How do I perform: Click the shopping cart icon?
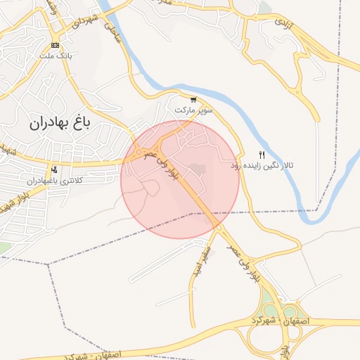click(x=193, y=100)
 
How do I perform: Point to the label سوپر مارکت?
click(x=193, y=111)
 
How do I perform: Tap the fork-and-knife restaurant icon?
click(x=262, y=155)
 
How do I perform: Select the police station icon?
click(x=55, y=169)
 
